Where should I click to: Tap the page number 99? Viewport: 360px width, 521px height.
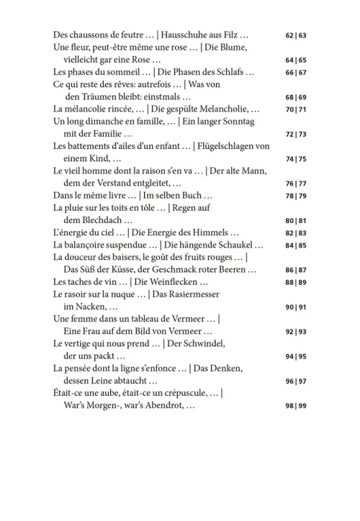coord(302,407)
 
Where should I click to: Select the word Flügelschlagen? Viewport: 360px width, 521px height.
coord(227,146)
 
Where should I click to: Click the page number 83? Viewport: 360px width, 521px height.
coord(302,232)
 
